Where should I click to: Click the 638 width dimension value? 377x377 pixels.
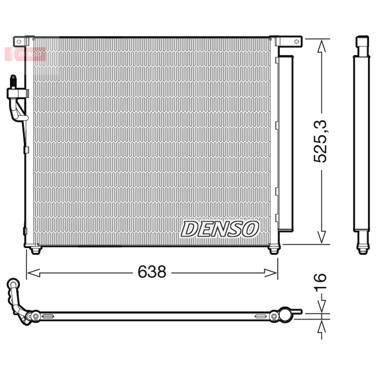tap(152, 272)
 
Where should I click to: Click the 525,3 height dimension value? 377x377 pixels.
tap(321, 141)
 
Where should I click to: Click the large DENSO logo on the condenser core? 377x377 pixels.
tap(220, 229)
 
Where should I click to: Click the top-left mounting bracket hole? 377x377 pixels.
tap(19, 41)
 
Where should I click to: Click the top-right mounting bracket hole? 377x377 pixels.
tap(296, 41)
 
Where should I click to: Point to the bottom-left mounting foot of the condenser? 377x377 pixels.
tap(35, 250)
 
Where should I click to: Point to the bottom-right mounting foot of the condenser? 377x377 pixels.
tap(273, 250)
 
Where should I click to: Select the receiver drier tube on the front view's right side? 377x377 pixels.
tap(285, 141)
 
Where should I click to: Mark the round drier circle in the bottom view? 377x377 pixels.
tap(285, 314)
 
